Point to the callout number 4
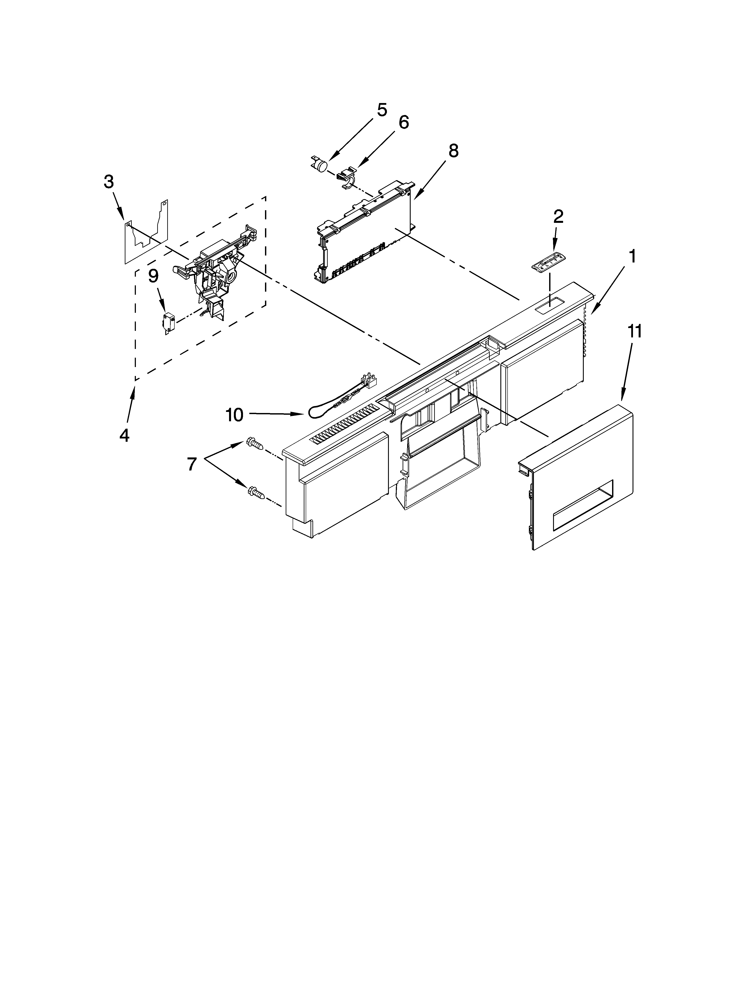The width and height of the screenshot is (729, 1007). (124, 435)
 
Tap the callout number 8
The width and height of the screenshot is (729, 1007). (453, 151)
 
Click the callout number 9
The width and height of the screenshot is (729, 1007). (153, 276)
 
